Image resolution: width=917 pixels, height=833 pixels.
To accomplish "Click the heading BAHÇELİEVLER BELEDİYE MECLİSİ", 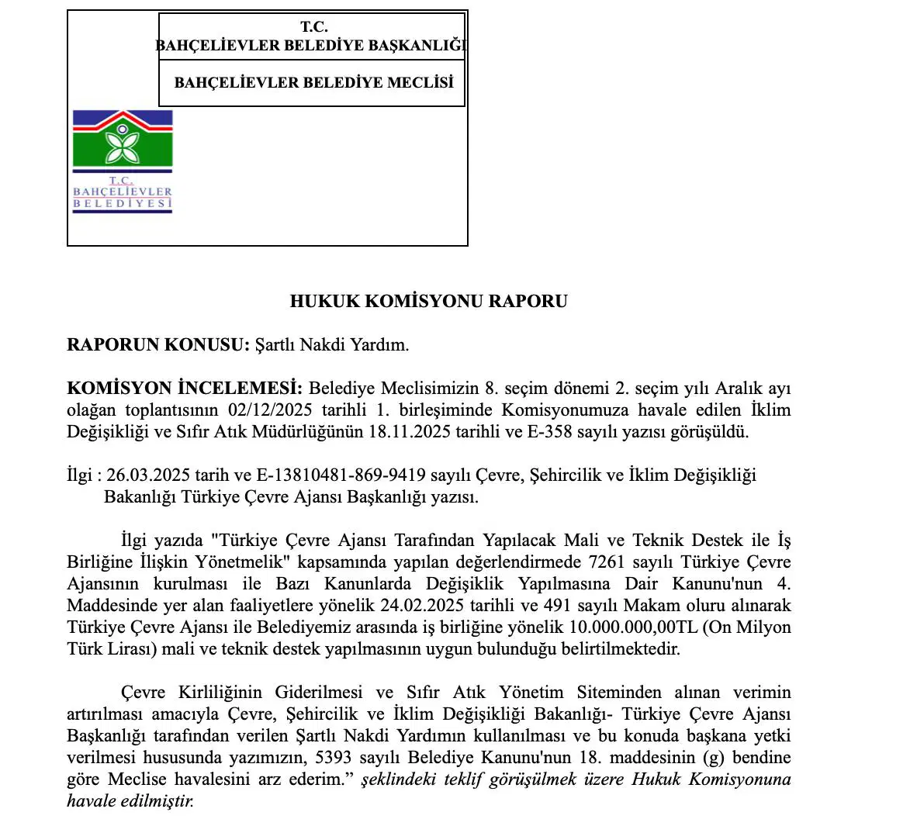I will [x=313, y=82].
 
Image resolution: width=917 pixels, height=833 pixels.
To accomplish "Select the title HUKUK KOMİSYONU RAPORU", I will [x=428, y=301].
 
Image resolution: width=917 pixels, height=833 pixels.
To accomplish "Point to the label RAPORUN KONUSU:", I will [x=158, y=345].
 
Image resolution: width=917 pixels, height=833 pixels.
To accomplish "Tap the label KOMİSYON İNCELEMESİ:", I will [x=185, y=388].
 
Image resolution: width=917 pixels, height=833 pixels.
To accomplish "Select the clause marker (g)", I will [x=711, y=757].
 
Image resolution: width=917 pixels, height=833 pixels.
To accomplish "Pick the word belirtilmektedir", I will [x=616, y=648].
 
